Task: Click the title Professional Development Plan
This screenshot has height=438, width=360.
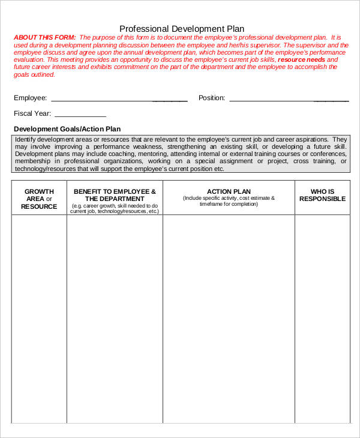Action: coord(182,28)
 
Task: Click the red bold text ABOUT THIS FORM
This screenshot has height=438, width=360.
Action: coord(41,37)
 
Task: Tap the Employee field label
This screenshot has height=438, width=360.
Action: coord(30,98)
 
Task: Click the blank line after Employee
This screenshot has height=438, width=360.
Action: coord(119,99)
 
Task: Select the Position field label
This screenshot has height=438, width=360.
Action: coord(212,98)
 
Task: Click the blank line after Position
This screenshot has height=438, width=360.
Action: coord(289,99)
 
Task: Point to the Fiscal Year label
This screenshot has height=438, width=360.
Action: coord(32,113)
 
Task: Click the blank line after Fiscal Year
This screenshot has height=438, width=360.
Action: coord(80,115)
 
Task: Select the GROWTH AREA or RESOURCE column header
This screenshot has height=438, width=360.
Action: coord(39,199)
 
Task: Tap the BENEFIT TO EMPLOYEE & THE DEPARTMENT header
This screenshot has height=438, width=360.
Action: coord(115,195)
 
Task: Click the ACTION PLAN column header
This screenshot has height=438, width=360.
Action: coord(229,191)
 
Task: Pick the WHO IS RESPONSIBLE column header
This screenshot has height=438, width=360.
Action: coord(322,195)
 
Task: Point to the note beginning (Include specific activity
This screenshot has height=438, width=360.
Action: coord(229,201)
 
